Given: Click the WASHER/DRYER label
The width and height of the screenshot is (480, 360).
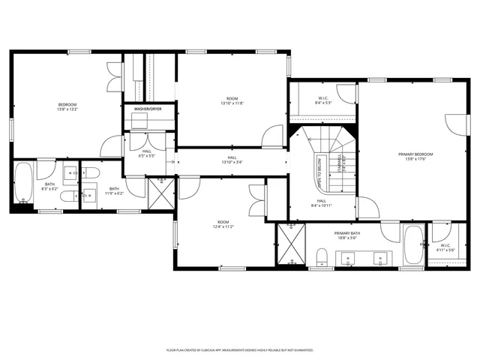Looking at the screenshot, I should pos(148,109).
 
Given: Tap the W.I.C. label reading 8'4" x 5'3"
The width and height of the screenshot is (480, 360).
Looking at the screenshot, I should pos(324,101).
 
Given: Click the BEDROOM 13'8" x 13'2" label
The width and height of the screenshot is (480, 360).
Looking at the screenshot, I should pos(67,106).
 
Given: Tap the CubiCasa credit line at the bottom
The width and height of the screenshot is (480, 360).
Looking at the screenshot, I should pos(239,349).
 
